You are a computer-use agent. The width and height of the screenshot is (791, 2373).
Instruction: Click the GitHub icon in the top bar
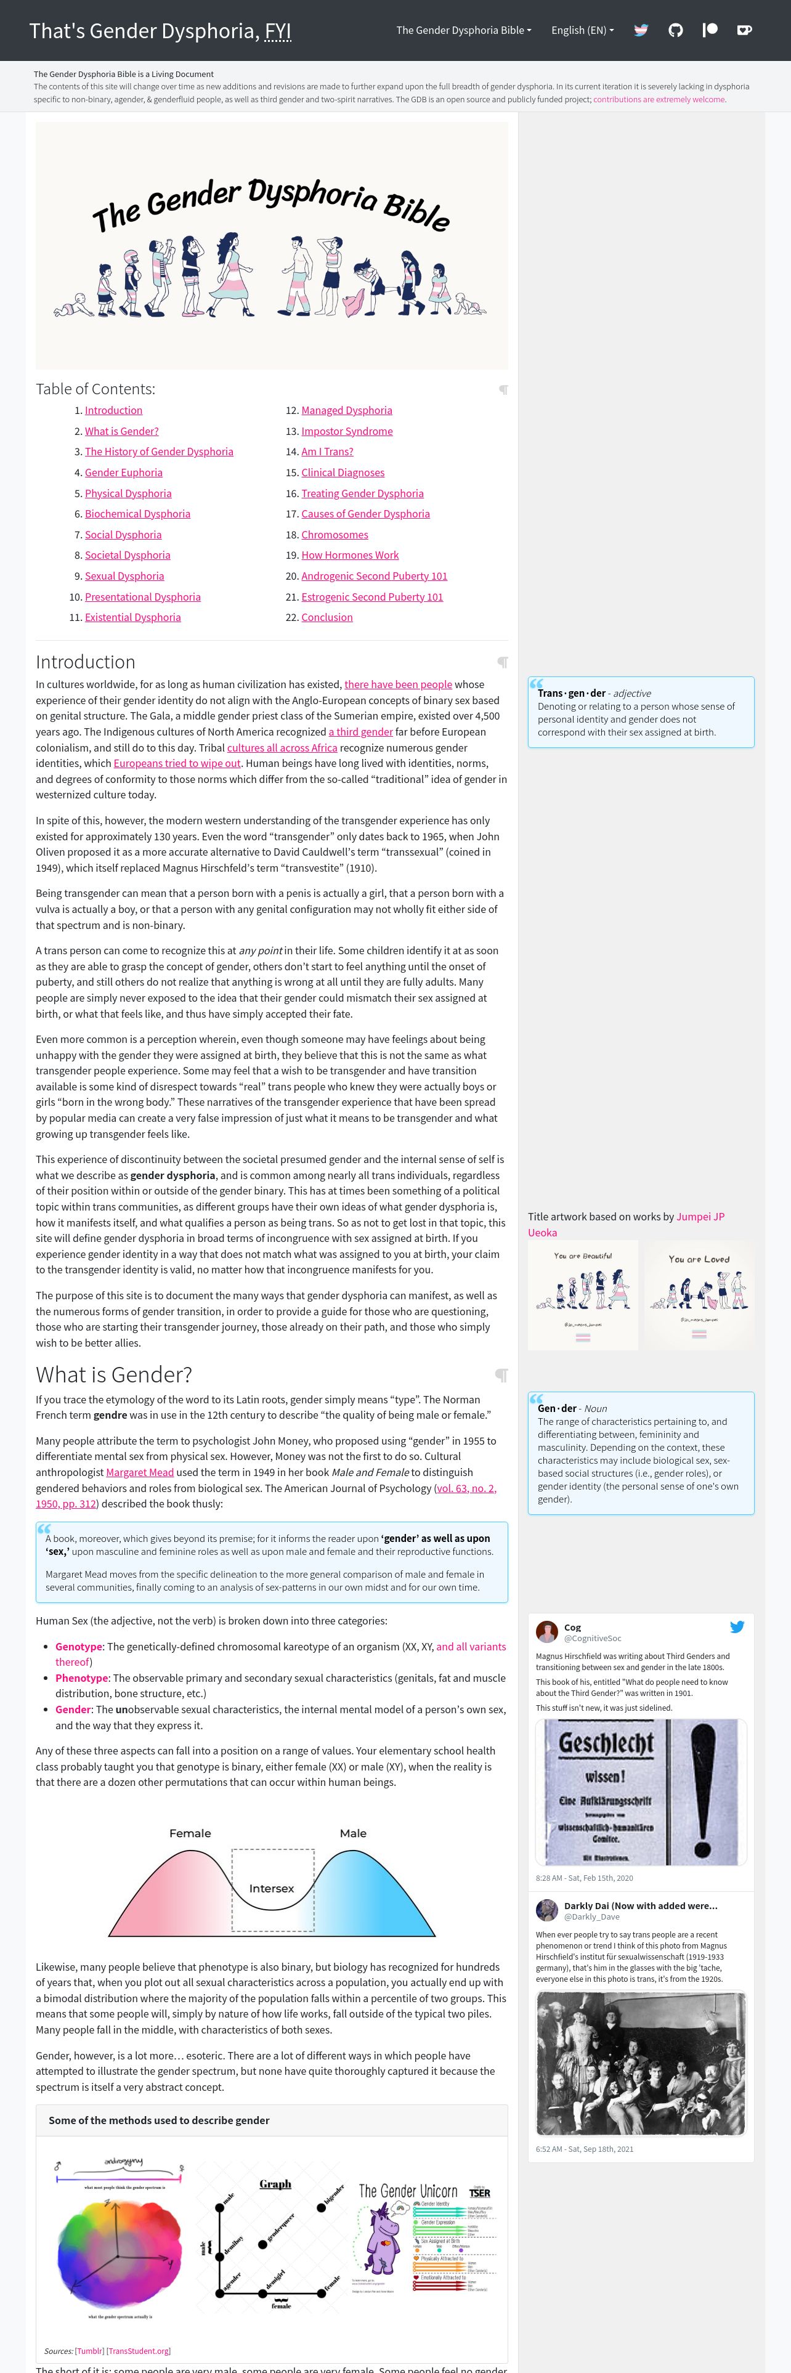675,30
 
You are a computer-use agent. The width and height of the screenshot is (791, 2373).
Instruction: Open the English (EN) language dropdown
582,30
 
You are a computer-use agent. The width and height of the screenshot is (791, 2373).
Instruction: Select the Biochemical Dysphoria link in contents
137,514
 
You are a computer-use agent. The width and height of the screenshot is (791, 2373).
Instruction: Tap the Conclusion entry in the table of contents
327,617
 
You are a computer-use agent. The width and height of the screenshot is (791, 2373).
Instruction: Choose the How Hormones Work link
350,556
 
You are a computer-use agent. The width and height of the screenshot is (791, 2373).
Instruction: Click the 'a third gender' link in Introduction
360,731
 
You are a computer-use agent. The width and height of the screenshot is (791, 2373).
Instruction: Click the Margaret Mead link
140,1472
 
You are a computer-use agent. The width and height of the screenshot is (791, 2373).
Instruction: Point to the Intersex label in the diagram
272,1888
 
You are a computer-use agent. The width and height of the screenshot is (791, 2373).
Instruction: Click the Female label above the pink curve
190,1833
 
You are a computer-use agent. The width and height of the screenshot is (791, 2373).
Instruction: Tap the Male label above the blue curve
352,1833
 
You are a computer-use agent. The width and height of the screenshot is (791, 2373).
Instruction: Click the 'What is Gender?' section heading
113,1374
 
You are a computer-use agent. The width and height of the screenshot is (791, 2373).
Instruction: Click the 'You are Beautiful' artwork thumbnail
583,1294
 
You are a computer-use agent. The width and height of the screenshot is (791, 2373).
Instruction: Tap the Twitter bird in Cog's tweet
737,1627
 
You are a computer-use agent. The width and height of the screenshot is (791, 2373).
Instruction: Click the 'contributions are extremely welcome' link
659,99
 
